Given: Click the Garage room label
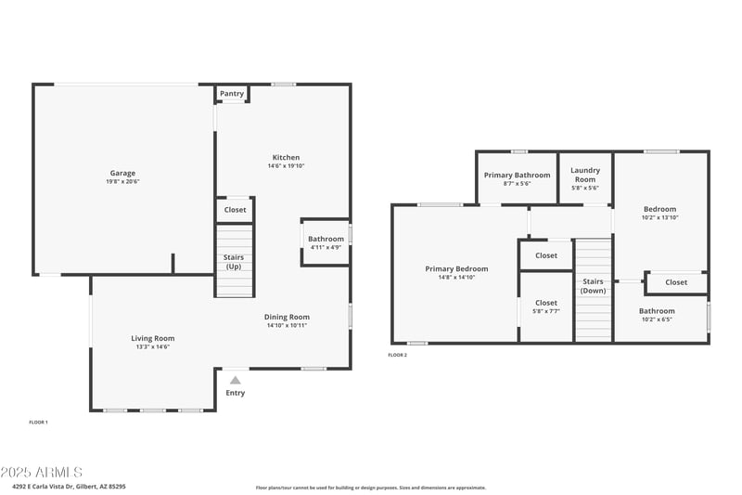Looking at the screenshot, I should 122,173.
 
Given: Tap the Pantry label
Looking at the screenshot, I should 232,94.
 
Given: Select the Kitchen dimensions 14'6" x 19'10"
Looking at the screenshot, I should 286,166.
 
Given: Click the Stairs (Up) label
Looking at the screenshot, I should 234,261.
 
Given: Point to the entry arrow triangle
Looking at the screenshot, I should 236,380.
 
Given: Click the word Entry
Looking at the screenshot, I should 236,393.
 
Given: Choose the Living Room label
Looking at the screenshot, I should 152,338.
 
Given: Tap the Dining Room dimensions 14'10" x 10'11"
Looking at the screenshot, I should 287,325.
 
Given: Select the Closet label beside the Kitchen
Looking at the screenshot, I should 235,210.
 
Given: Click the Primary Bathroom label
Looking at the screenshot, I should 517,175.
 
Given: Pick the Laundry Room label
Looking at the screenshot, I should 584,175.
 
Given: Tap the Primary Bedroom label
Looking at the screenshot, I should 456,269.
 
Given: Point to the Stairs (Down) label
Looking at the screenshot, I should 593,286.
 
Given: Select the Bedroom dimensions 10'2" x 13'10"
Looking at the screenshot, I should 660,217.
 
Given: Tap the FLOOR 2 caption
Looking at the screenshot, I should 397,355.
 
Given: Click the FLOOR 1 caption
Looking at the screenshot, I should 38,423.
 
